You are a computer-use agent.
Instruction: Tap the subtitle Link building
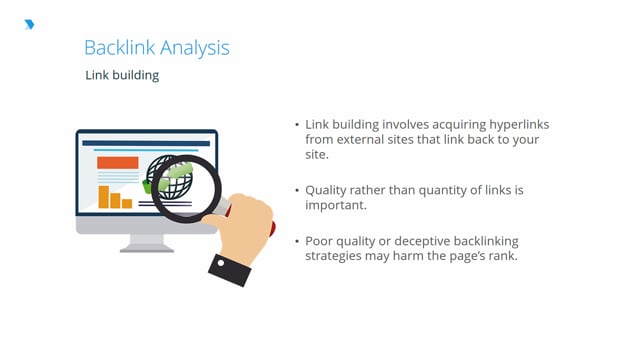pos(122,76)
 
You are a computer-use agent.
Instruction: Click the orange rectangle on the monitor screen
pos(117,162)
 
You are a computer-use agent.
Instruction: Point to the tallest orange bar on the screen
pos(103,196)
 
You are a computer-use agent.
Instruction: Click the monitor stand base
pos(146,247)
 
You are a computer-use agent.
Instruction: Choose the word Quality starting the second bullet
pos(327,189)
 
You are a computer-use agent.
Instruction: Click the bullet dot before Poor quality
pos(297,241)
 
